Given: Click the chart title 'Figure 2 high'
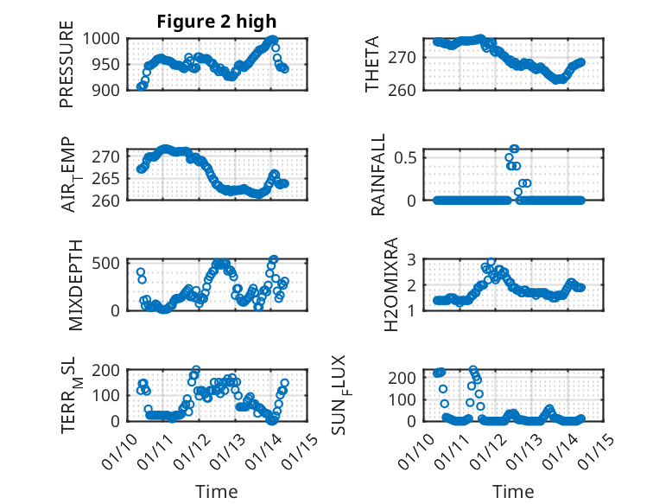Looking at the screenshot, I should click(x=217, y=22).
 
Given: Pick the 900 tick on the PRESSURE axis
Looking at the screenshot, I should click(x=109, y=89).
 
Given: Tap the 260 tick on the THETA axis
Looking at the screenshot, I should click(x=407, y=89).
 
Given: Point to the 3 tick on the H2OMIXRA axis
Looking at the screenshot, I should click(x=413, y=258).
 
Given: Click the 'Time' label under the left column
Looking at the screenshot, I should click(x=217, y=491).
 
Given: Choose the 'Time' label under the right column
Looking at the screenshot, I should click(x=514, y=491).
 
